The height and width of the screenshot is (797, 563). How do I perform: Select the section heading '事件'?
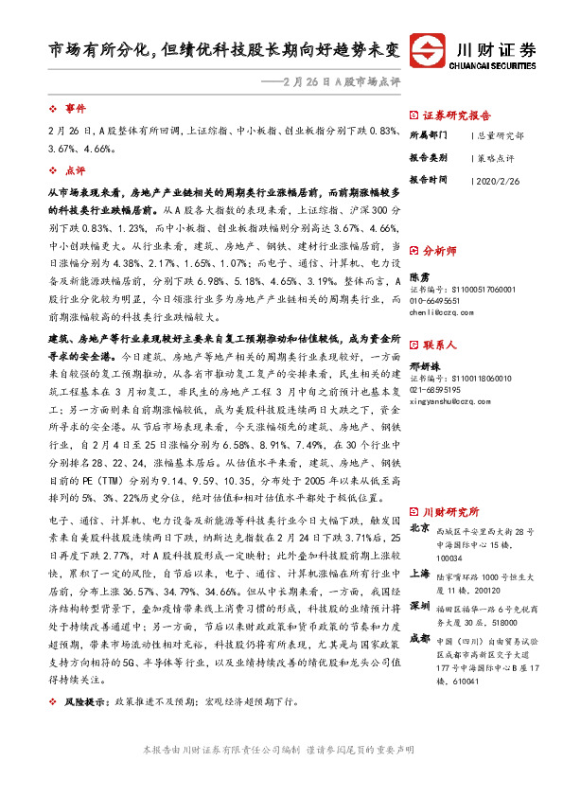tap(75, 109)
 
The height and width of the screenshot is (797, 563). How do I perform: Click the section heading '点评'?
tap(75, 171)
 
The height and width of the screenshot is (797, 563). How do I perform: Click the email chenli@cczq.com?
tap(443, 310)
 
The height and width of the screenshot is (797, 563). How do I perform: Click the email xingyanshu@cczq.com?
tap(452, 400)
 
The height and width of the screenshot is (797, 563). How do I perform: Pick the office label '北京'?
tap(419, 528)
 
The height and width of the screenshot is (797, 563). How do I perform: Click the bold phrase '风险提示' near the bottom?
tap(85, 730)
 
